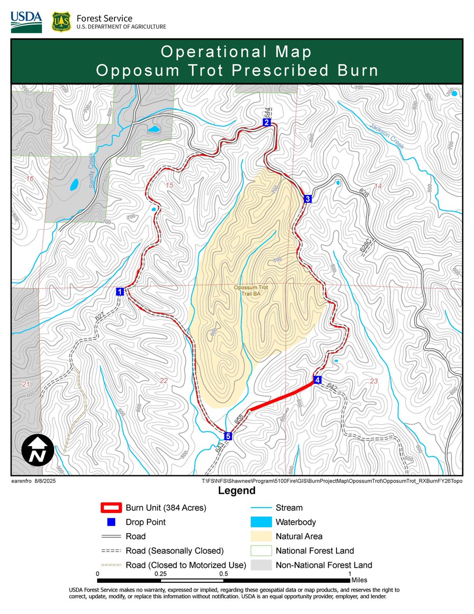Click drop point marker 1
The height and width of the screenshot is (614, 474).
pos(120,292)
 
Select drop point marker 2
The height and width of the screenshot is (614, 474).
pos(266,122)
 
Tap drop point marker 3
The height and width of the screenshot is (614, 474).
pos(307,199)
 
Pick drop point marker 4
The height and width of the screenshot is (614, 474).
pos(317,380)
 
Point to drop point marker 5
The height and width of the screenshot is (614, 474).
pos(228,436)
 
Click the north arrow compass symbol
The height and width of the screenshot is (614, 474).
pos(37,450)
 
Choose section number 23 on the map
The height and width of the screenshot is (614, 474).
pos(373,381)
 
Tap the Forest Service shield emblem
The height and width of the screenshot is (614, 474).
pos(61,22)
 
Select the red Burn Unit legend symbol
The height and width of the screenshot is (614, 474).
pos(110,508)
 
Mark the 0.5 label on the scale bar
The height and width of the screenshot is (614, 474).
pos(224,574)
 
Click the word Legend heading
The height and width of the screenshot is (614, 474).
pos(237,491)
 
